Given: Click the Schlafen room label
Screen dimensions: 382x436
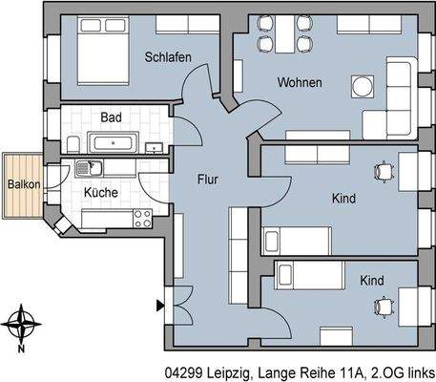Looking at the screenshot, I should pos(168,58).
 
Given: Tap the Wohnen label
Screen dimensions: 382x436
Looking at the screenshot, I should pos(299,83).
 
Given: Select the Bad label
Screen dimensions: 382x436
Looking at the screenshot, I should pos(112,117).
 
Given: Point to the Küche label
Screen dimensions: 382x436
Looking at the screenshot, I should pos(101,192).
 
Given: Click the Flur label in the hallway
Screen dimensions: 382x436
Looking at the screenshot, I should pos(210,179).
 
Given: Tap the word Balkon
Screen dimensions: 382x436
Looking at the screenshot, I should pos(23,184).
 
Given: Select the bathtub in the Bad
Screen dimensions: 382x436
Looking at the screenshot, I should pos(115,143).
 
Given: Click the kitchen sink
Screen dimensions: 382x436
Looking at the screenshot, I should pos(88,169).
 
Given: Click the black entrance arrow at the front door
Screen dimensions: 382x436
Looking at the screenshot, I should pos(158,306).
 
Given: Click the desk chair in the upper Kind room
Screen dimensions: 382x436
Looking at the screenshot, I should pos(384,171).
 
